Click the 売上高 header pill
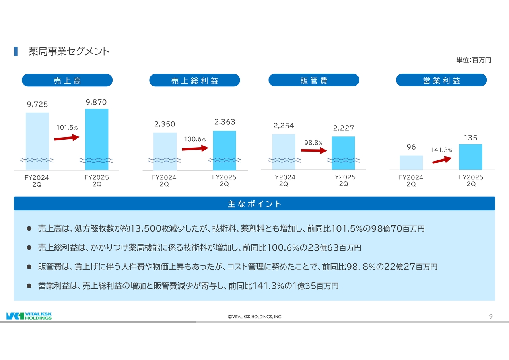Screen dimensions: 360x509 67,80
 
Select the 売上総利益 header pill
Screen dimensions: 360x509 194,80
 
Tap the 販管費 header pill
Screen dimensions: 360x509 314,80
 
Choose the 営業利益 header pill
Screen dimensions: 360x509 441,80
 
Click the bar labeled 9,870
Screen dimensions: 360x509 97,137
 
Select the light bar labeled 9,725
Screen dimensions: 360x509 37,139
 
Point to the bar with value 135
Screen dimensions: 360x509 470,157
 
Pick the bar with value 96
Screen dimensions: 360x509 411,163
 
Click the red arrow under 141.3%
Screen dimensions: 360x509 442,160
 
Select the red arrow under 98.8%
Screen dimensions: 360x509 314,151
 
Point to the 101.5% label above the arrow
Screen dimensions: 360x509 67,128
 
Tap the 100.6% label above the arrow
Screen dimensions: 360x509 194,140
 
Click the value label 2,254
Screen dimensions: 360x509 284,126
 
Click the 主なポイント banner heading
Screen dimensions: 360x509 254,204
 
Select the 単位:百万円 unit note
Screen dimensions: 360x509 474,60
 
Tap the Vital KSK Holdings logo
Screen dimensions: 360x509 29,316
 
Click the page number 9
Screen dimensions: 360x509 491,316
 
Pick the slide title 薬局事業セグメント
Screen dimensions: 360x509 69,52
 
